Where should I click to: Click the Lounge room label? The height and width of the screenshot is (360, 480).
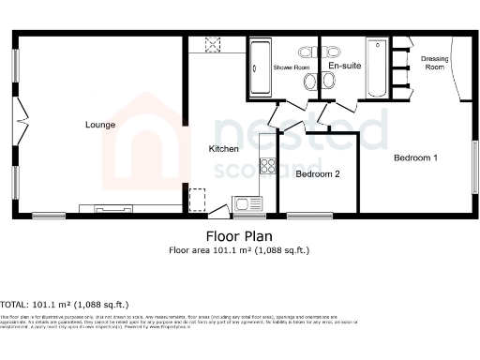pyautogui.click(x=99, y=125)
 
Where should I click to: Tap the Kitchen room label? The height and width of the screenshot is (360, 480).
pyautogui.click(x=223, y=149)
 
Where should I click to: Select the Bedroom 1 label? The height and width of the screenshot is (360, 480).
pyautogui.click(x=415, y=157)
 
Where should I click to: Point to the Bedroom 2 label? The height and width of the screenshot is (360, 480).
pyautogui.click(x=317, y=174)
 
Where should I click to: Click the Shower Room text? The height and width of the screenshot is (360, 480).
pyautogui.click(x=291, y=68)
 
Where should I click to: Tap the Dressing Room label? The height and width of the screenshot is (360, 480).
pyautogui.click(x=434, y=63)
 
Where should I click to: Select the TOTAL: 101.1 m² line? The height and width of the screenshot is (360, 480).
pyautogui.click(x=65, y=305)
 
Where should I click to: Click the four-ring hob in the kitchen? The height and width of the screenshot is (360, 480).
pyautogui.click(x=268, y=167)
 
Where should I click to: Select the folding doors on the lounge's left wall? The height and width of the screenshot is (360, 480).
pyautogui.click(x=20, y=121)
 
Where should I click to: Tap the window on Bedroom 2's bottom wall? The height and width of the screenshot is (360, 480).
pyautogui.click(x=308, y=216)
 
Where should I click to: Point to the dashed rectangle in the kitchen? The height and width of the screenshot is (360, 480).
pyautogui.click(x=197, y=200)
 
